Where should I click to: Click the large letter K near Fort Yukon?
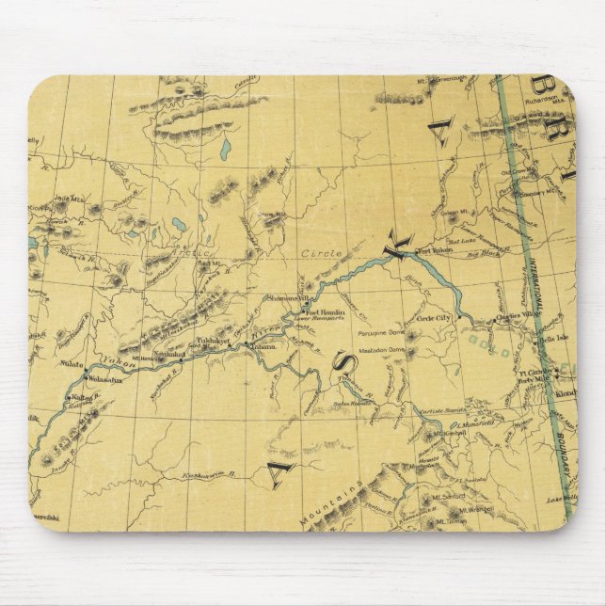coord(398,247)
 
